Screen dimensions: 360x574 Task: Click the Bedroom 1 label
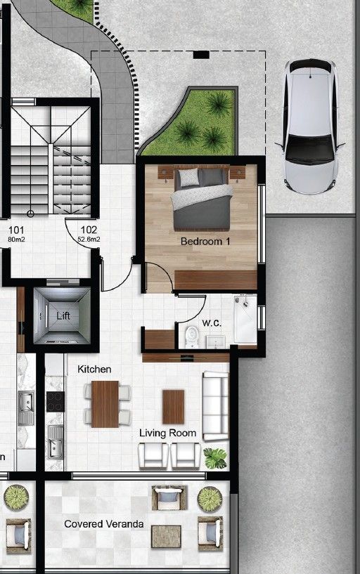205,242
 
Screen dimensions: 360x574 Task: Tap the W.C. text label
212,323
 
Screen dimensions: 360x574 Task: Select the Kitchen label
94,370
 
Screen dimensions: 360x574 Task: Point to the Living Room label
168,433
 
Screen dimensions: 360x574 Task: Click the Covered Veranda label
103,524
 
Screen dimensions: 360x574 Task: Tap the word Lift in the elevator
63,315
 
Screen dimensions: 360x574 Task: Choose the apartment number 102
89,230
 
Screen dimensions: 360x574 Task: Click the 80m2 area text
16,240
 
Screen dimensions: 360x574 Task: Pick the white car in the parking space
310,126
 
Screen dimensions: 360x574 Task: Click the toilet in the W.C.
191,337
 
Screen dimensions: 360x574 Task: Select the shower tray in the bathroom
245,319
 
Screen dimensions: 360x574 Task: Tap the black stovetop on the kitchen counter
56,402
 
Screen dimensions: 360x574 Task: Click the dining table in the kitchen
105,404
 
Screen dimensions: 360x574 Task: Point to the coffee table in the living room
173,407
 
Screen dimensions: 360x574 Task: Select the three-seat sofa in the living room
216,406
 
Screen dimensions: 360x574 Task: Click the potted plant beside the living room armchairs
215,458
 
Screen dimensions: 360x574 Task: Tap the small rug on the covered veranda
166,536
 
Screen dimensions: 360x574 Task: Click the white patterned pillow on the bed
189,177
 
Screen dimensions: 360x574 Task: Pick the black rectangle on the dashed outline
201,55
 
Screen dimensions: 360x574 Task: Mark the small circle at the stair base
30,214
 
